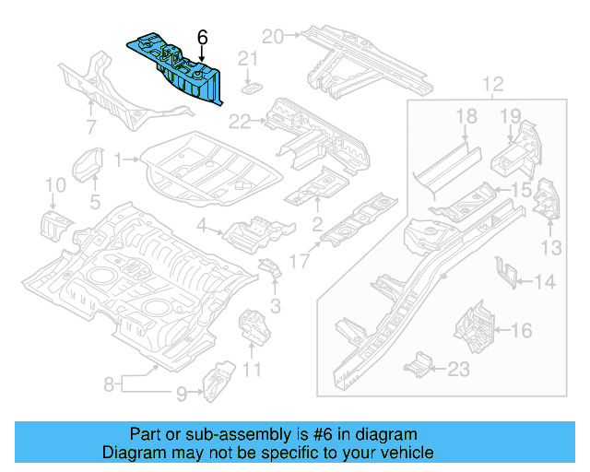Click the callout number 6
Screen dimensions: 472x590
point(203,37)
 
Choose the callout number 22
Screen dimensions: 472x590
point(240,119)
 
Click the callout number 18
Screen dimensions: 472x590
point(466,115)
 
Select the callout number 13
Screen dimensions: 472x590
point(550,246)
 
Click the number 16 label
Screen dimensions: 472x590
point(521,328)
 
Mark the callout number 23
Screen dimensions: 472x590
point(458,369)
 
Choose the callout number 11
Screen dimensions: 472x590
point(252,371)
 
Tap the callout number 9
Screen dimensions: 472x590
point(182,394)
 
